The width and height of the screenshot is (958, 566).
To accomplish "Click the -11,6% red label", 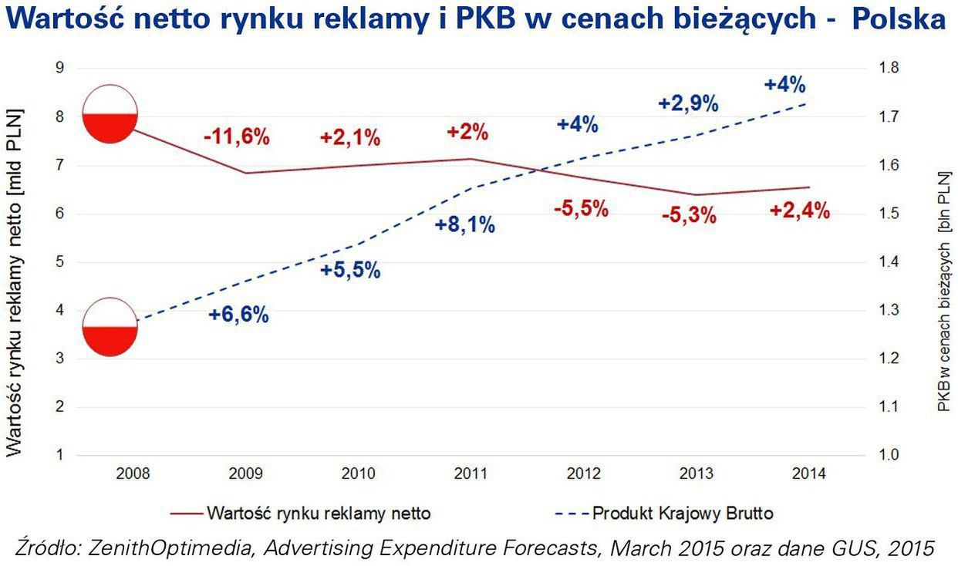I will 237,138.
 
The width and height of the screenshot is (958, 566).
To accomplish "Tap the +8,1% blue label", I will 464,226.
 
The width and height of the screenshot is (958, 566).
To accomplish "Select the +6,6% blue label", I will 238,315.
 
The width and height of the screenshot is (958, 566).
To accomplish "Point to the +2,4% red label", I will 800,211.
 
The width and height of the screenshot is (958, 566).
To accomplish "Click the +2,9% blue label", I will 688,103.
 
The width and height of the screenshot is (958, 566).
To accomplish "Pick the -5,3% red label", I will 689,217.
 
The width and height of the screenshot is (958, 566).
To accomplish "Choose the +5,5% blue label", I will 351,271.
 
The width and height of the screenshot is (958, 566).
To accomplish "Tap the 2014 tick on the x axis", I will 808,473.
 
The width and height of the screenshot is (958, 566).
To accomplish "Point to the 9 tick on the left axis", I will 59,68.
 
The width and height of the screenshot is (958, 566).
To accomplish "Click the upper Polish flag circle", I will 110,114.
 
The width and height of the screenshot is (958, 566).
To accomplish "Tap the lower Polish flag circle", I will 110,327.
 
